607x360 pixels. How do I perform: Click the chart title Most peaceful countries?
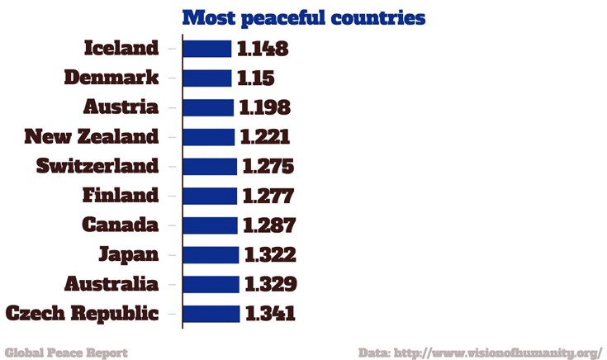[303, 18]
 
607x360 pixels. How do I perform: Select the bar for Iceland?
[206, 49]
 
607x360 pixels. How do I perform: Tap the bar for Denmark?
[206, 78]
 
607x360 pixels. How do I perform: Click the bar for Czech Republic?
[211, 314]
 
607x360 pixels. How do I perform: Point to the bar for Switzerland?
[210, 166]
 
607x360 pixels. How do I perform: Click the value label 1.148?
[263, 49]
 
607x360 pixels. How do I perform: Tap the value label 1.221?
[265, 137]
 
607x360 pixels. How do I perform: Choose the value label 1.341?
[269, 314]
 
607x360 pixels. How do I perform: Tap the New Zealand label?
[91, 137]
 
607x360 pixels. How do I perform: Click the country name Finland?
[121, 196]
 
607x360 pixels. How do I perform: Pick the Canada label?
[120, 225]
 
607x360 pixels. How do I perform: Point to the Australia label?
[111, 284]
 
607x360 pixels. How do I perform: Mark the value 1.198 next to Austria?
[265, 107]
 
